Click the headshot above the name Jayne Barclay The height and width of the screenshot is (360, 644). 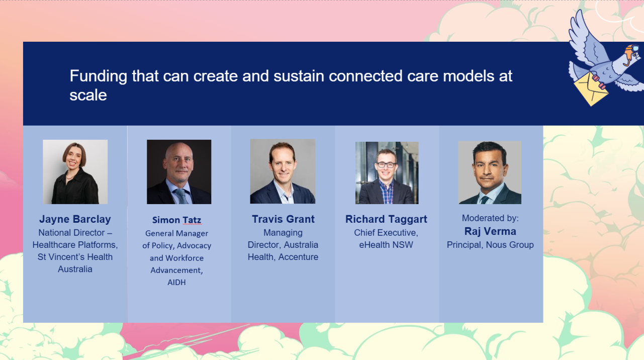click(x=75, y=172)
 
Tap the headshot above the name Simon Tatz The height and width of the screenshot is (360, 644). click(x=179, y=172)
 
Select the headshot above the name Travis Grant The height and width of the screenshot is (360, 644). click(x=283, y=171)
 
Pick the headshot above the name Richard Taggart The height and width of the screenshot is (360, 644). click(x=387, y=173)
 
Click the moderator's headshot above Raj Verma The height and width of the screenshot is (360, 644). click(x=490, y=172)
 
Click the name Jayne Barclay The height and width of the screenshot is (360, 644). click(x=75, y=219)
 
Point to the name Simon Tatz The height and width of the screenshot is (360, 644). click(x=176, y=220)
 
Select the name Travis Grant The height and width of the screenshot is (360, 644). click(x=283, y=219)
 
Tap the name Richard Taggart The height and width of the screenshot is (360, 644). click(x=386, y=219)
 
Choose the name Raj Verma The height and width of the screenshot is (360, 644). click(x=490, y=231)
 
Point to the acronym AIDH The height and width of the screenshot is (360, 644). click(x=176, y=283)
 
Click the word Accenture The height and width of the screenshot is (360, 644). click(x=298, y=257)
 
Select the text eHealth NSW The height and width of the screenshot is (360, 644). click(x=386, y=245)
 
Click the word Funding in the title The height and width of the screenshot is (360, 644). click(x=99, y=76)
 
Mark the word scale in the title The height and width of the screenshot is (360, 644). click(x=88, y=95)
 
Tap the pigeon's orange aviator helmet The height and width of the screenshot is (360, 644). click(x=631, y=52)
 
